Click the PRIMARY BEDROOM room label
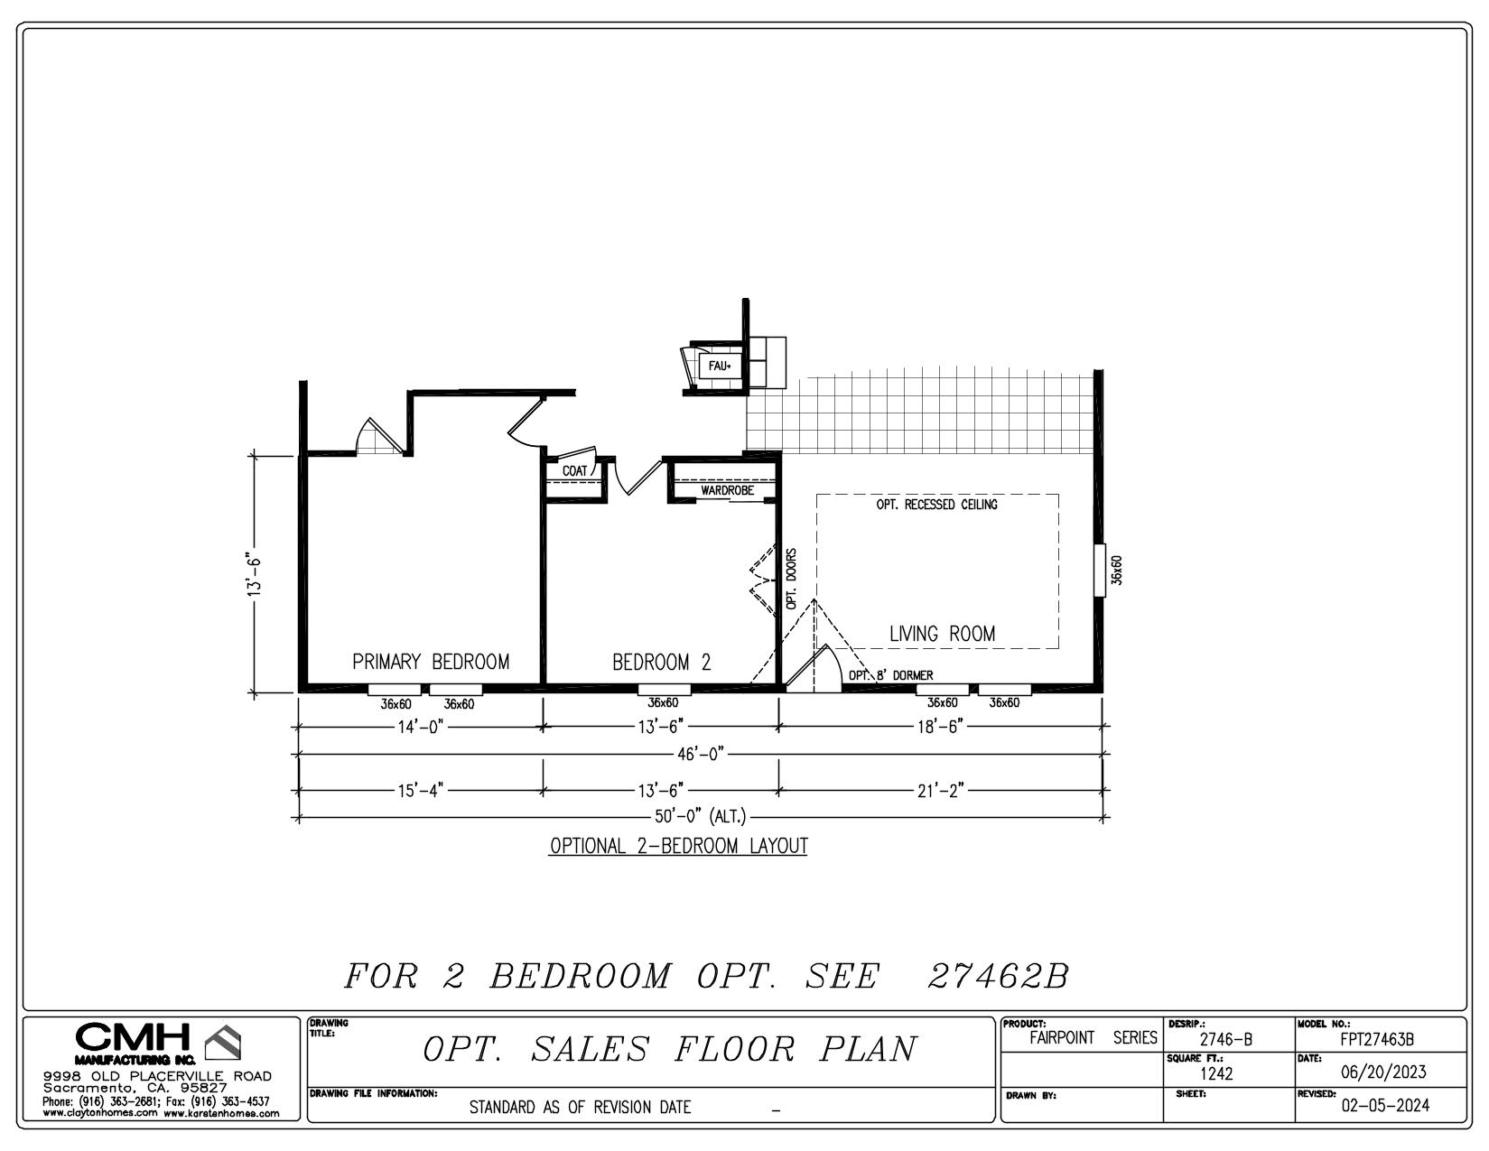tap(431, 662)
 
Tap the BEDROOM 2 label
tap(661, 662)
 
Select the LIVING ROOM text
tap(942, 634)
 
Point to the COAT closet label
tap(574, 471)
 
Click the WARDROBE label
tap(727, 490)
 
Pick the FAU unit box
tap(720, 367)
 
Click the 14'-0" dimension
tap(421, 727)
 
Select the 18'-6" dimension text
tap(940, 727)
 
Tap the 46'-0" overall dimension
tap(701, 755)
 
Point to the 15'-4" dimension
tap(421, 790)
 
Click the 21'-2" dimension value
tap(940, 790)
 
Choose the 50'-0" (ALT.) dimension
tap(700, 816)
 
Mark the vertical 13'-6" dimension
tap(255, 574)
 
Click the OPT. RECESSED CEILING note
tap(936, 505)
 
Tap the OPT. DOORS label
tap(791, 579)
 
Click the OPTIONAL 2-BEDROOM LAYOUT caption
tap(678, 846)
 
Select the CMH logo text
tap(132, 1036)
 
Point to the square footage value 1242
tap(1216, 1073)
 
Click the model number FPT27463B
tap(1377, 1039)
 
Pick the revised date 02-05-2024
tap(1385, 1105)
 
